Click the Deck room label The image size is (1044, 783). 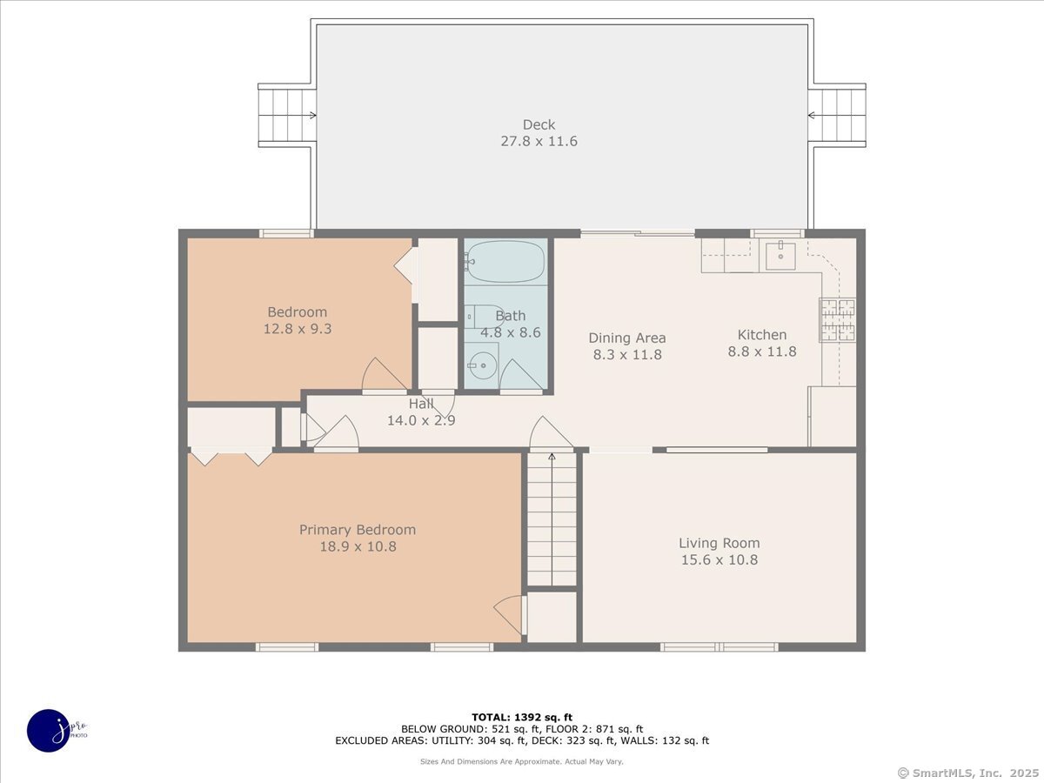coord(539,124)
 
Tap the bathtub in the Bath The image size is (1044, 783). coord(505,262)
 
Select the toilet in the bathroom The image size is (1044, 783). coord(485,317)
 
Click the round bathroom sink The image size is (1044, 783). coord(482,365)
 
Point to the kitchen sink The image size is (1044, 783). coord(780,256)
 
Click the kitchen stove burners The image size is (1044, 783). coord(837,319)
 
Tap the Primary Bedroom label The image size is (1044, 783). coord(358,530)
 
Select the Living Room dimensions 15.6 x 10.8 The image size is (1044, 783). coord(719,559)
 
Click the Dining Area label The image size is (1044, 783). coord(627,338)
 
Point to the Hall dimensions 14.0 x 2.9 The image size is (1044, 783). coord(421,420)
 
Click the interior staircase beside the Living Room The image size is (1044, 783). coord(552,519)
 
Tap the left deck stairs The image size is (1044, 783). coord(287,115)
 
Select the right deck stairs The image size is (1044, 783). coord(837,115)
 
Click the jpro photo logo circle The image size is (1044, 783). coord(49,731)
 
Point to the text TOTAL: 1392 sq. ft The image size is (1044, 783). coord(522,718)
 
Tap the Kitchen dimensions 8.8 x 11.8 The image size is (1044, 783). coord(762,351)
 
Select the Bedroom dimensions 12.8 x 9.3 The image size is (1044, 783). coord(298,329)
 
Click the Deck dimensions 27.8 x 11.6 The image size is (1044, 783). coord(539,141)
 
